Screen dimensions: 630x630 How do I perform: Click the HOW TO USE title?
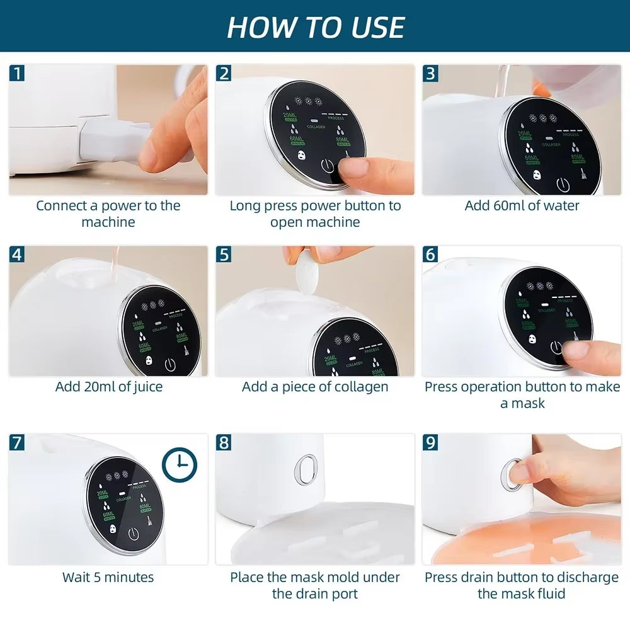point(315,26)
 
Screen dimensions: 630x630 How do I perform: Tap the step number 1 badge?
point(18,73)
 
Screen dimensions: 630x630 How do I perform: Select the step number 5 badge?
point(224,254)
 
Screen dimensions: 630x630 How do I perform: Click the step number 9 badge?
point(430,442)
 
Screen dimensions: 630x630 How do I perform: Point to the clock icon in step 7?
point(179,465)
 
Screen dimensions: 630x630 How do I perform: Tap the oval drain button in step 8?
point(306,469)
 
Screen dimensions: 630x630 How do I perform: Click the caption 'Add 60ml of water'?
point(522,205)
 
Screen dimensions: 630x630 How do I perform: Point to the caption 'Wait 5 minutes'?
point(108,576)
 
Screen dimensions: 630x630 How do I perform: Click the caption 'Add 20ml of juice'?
point(108,386)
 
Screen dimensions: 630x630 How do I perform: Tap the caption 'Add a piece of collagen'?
point(315,386)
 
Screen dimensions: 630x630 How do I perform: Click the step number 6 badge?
point(430,254)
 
